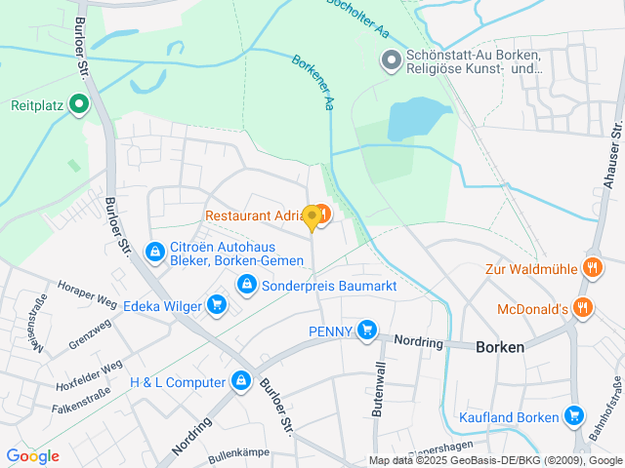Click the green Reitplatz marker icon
[x=80, y=105]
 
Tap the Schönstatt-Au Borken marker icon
[x=391, y=60]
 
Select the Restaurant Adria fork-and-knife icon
[x=322, y=212]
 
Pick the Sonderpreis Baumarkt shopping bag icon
[x=246, y=284]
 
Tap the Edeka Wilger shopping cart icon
[x=217, y=306]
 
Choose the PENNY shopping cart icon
[x=366, y=331]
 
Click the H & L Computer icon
[x=239, y=382]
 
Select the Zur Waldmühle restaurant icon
[x=591, y=267]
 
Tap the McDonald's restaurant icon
[x=583, y=309]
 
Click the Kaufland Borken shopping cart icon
[x=573, y=417]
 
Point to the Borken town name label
[x=500, y=347]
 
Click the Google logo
[x=32, y=456]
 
